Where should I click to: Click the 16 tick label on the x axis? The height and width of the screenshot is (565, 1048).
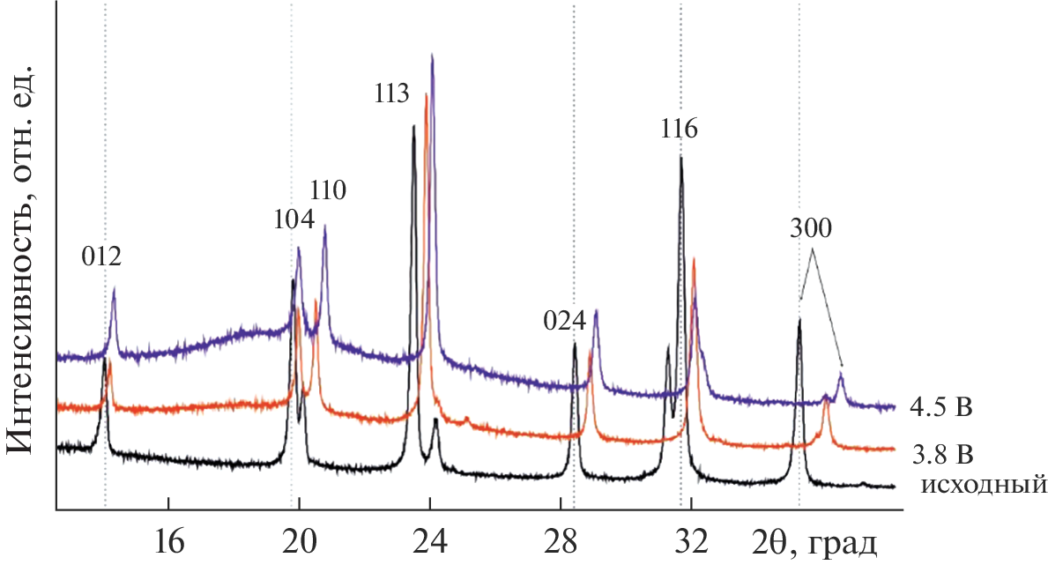pos(168,539)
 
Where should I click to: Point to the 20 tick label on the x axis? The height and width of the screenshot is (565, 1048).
pos(299,539)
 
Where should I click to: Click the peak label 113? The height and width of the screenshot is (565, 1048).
pos(392,93)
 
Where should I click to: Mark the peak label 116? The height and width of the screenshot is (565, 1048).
pos(679,130)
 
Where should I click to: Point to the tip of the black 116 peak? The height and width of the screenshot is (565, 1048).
pos(680,157)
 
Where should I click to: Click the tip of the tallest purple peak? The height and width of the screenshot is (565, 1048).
pos(432,54)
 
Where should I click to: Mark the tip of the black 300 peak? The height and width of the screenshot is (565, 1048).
pos(799,319)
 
